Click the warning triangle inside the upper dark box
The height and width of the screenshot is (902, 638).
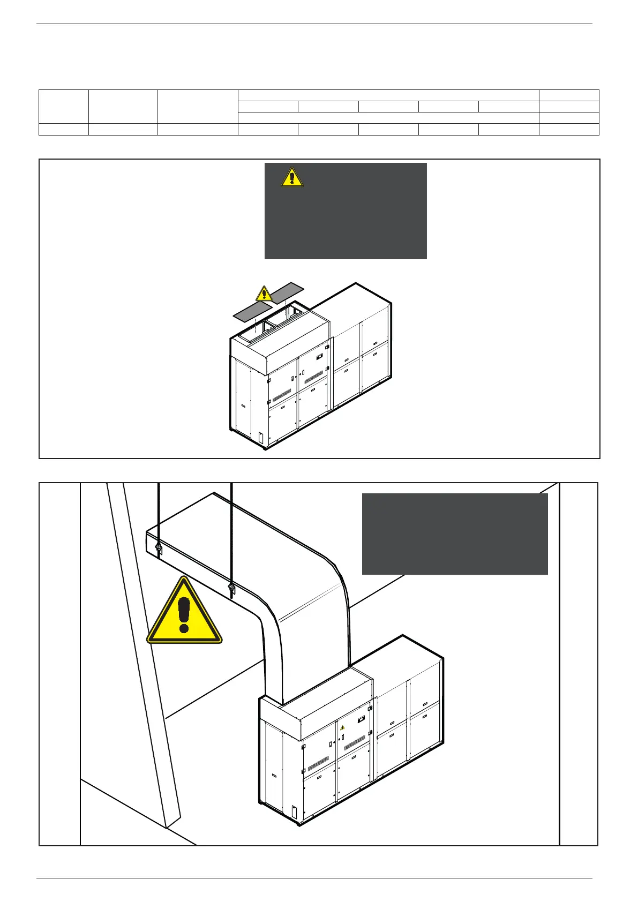292,177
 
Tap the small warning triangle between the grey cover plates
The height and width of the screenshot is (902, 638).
264,294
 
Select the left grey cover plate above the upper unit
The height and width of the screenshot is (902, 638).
252,311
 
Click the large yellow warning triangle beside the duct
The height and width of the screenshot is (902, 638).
184,612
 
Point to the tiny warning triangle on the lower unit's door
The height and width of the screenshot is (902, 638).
342,728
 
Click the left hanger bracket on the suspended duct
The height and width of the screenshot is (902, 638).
159,547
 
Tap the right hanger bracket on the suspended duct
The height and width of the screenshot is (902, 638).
231,589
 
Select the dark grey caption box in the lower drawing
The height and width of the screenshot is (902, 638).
455,533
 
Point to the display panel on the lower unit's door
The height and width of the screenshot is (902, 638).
361,718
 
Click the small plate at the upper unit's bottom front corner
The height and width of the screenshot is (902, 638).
260,438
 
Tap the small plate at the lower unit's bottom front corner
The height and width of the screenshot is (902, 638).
294,812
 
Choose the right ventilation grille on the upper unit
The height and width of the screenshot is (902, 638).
313,377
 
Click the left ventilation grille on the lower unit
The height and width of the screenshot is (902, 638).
317,763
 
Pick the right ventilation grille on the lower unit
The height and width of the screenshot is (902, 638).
354,743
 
